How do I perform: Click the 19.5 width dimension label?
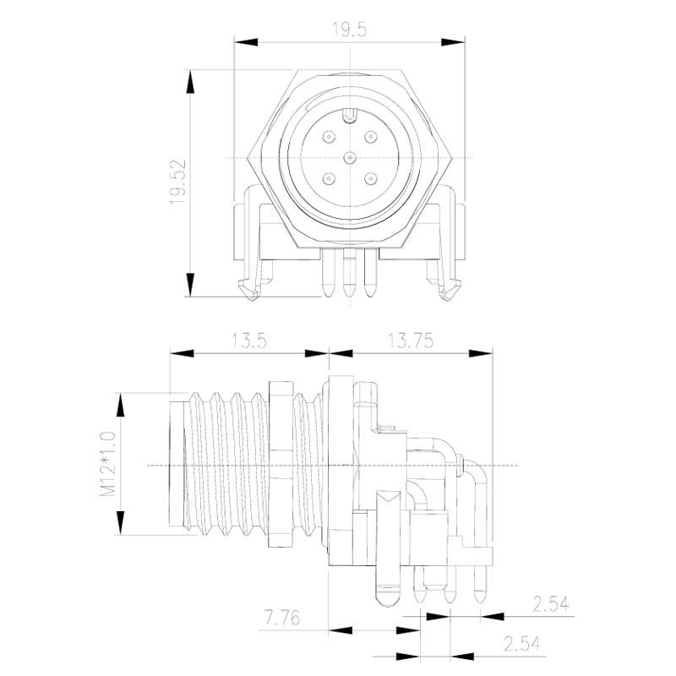point(349,30)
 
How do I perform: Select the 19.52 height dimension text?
point(177,182)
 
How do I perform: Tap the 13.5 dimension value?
point(249,341)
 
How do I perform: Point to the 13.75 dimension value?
point(411,341)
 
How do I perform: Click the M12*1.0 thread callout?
point(108,463)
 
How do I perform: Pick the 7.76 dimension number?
point(282,618)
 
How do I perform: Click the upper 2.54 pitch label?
point(551,604)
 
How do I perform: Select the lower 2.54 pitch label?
point(521,644)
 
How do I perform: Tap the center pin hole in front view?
point(350,158)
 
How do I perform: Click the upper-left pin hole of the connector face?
point(329,138)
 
